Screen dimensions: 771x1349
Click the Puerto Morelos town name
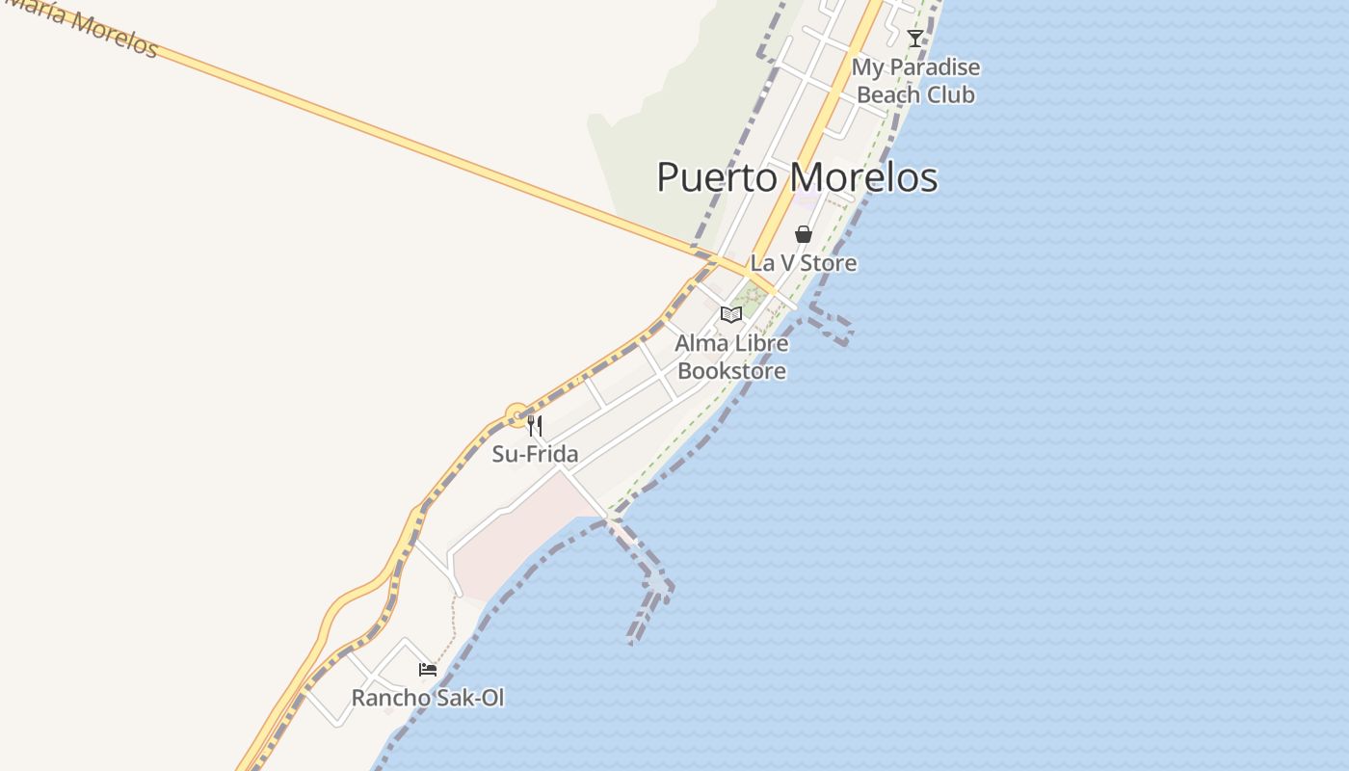click(797, 178)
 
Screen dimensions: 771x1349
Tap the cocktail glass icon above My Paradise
click(915, 39)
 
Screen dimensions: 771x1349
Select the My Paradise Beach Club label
click(915, 81)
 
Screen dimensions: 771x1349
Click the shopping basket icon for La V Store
click(804, 234)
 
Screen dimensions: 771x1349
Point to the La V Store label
click(804, 262)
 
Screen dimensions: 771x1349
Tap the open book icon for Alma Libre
click(731, 314)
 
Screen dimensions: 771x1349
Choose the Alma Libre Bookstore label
click(731, 357)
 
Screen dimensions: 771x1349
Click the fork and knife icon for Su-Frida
click(535, 426)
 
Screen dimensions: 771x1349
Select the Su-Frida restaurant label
click(535, 454)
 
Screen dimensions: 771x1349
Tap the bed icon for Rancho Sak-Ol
click(428, 669)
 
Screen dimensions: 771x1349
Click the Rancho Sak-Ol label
click(428, 698)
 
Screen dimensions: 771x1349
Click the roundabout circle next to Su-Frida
click(517, 416)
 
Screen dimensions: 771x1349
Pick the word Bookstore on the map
click(731, 371)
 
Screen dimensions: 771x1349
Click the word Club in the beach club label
click(952, 94)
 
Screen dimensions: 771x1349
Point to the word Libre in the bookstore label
click(761, 343)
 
